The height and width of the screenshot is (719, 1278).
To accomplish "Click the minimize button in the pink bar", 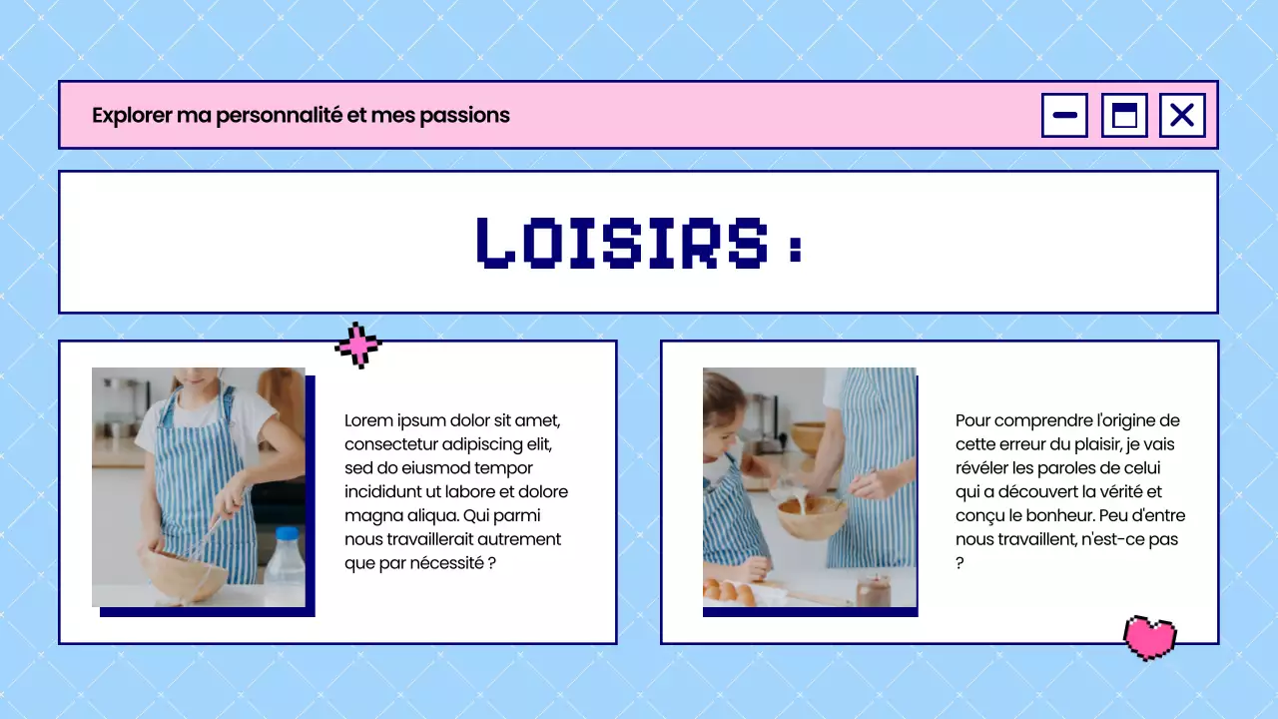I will pyautogui.click(x=1064, y=115).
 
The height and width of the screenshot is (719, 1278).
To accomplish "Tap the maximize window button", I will pyautogui.click(x=1124, y=115).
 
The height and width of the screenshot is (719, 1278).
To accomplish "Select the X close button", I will pyautogui.click(x=1182, y=115).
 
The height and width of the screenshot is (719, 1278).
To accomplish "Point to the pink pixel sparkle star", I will pyautogui.click(x=358, y=346).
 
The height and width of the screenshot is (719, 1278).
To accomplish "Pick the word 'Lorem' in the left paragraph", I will pyautogui.click(x=368, y=420).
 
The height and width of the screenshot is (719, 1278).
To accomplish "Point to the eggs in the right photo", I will pyautogui.click(x=729, y=591).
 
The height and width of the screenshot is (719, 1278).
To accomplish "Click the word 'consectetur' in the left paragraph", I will pyautogui.click(x=391, y=444).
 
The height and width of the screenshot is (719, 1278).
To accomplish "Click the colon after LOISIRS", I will pyautogui.click(x=795, y=247).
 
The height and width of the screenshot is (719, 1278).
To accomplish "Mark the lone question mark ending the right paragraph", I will pyautogui.click(x=959, y=563).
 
